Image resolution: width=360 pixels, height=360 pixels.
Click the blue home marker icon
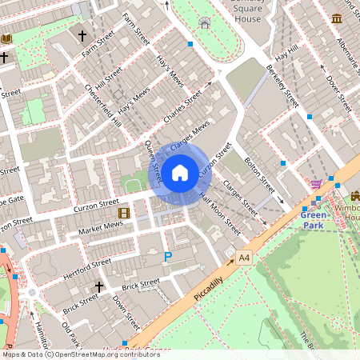(180, 172)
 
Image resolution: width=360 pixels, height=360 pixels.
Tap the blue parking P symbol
(167, 256)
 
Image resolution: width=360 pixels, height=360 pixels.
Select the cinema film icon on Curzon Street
(123, 213)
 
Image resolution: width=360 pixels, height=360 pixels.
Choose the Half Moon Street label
(219, 216)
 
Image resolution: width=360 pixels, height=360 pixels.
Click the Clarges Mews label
(190, 133)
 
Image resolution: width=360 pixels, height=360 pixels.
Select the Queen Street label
(153, 160)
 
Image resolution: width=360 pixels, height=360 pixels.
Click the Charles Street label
(182, 109)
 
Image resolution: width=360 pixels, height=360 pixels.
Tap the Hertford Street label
(90, 263)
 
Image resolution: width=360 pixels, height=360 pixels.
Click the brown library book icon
(7, 38)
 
